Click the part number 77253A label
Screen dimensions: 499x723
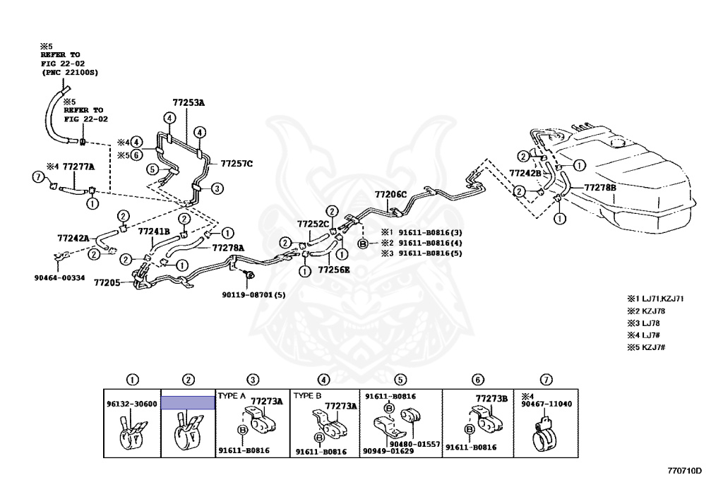(188, 102)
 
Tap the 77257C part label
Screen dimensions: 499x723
(236, 163)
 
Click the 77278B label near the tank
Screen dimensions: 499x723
(599, 187)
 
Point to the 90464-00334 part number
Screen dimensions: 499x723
(59, 277)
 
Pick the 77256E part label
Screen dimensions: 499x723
(333, 269)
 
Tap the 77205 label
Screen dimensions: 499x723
(109, 281)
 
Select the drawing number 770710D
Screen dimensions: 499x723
(684, 469)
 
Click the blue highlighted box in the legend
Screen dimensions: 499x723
(188, 403)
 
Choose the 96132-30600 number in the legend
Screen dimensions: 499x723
(132, 404)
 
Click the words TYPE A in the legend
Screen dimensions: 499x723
(232, 396)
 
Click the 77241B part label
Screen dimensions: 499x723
(153, 231)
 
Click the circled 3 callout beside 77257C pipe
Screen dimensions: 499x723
(217, 188)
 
